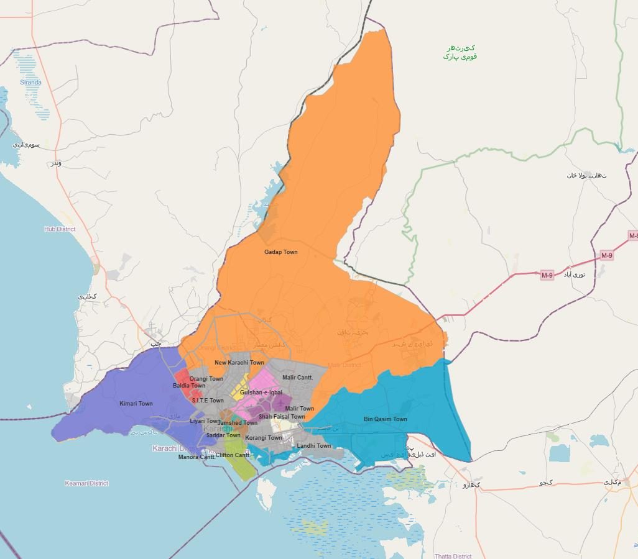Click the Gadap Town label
(x=281, y=252)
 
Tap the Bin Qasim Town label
(x=386, y=419)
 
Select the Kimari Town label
(x=136, y=404)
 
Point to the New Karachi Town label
(x=239, y=363)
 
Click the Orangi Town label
(x=206, y=379)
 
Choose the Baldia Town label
(x=189, y=386)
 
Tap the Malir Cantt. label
(x=298, y=378)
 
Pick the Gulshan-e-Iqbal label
(x=261, y=393)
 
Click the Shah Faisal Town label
(x=282, y=417)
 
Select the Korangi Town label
(x=264, y=438)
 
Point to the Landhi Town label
(x=314, y=446)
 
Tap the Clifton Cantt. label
(x=233, y=455)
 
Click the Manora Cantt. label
(x=197, y=457)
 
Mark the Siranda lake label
(x=30, y=82)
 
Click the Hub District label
(x=60, y=229)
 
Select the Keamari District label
(x=86, y=483)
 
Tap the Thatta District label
(x=453, y=556)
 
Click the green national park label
(x=460, y=52)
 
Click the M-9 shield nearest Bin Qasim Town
(x=547, y=275)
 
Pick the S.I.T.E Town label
(x=208, y=401)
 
